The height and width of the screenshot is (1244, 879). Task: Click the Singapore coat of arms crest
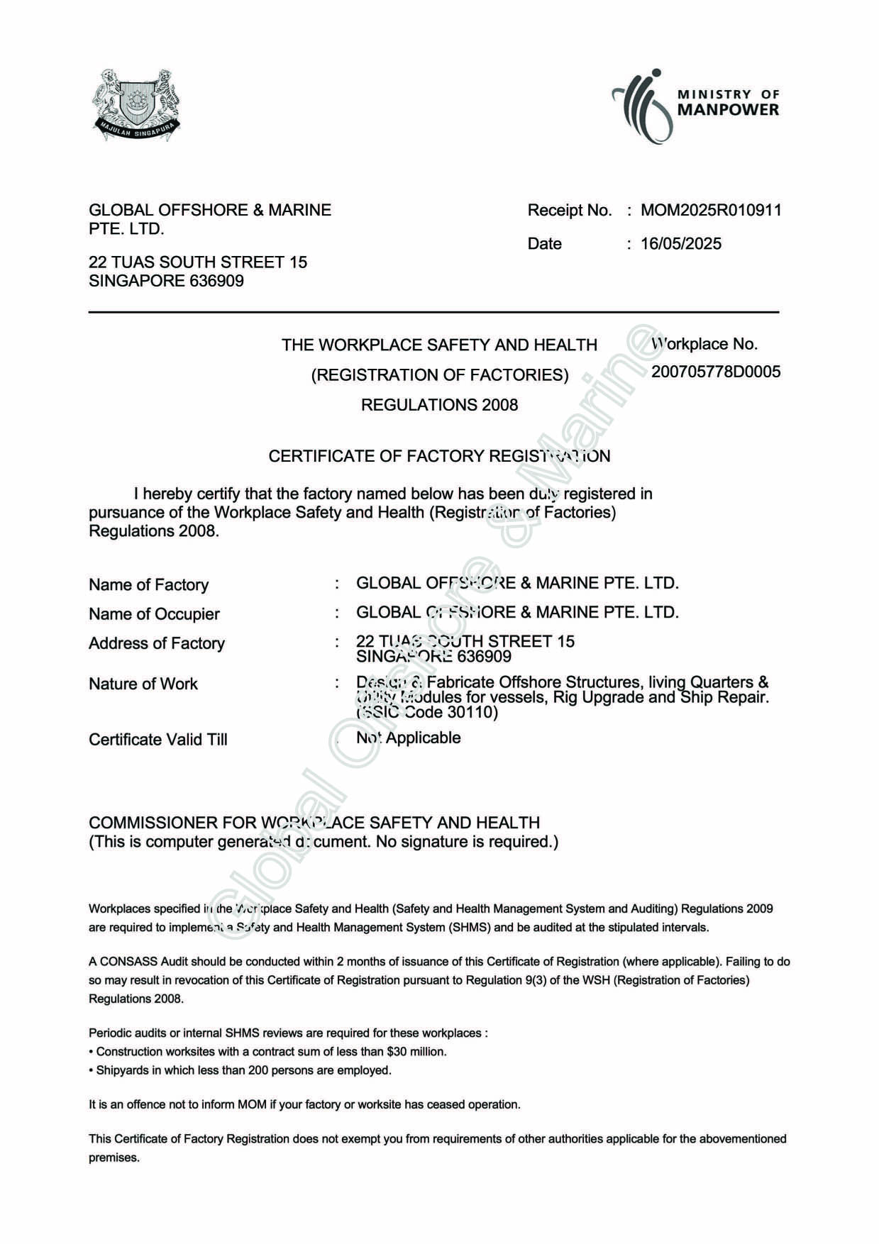tap(136, 105)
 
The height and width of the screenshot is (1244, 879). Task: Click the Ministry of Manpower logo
tap(695, 105)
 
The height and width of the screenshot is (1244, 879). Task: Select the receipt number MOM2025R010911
tap(711, 210)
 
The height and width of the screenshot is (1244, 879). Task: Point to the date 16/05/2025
tap(680, 244)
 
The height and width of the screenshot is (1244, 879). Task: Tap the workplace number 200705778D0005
tap(716, 372)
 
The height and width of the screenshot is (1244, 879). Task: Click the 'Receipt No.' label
tap(569, 210)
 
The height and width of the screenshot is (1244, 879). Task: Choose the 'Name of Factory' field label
tap(148, 585)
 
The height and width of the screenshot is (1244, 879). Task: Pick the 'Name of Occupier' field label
tap(154, 614)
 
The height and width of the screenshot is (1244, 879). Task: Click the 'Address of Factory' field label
tap(157, 643)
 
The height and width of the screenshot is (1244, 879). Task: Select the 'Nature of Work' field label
tap(143, 684)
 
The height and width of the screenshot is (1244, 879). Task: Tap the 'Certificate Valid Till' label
tap(158, 740)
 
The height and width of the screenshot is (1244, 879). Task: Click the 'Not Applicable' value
tap(409, 738)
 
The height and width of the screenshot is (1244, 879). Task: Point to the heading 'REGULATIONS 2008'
tap(439, 405)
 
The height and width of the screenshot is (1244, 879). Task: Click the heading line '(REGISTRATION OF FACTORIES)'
tap(439, 375)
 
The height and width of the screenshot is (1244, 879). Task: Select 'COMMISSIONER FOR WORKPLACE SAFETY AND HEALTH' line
tap(314, 823)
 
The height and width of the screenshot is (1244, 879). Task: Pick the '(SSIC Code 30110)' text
tap(427, 712)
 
